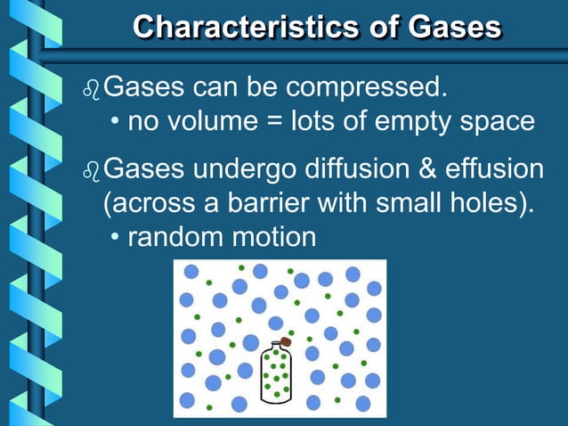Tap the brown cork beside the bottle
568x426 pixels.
point(286,341)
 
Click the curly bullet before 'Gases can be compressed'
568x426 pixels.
point(89,89)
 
